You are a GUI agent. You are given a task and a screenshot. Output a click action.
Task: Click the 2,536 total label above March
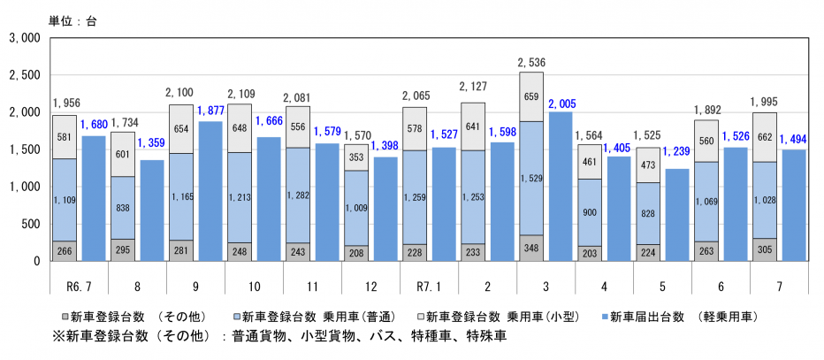pos(532,63)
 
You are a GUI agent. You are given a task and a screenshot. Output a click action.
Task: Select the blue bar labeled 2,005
pos(561,186)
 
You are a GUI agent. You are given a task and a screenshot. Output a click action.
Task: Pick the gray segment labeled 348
pos(532,248)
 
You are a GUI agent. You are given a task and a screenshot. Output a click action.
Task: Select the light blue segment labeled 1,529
pos(532,178)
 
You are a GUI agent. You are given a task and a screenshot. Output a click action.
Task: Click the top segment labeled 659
pos(532,97)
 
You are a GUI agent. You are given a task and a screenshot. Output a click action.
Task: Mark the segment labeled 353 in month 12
pos(357,157)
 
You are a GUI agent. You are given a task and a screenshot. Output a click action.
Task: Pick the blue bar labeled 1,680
pos(94,198)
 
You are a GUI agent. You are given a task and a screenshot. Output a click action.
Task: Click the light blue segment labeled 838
pos(123,207)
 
